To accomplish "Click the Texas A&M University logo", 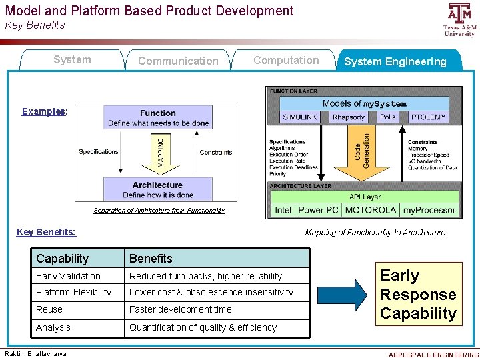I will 459,20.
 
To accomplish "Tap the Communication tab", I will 178,61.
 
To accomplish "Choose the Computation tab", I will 286,60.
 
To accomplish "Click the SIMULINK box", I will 300,117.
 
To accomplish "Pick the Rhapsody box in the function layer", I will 349,117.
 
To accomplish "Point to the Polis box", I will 387,117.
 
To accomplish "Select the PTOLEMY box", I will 428,117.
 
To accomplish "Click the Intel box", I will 283,209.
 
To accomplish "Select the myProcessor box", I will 429,209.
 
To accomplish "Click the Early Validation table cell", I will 77,276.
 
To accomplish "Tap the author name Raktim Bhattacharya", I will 35,354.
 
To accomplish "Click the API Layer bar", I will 365,197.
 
